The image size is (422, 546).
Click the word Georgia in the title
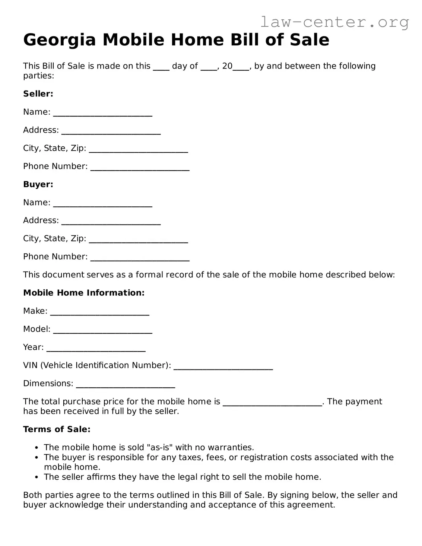click(60, 40)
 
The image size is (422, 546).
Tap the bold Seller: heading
click(38, 94)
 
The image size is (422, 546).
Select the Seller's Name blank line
click(102, 114)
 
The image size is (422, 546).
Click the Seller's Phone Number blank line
click(140, 168)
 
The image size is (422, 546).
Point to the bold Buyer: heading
click(38, 184)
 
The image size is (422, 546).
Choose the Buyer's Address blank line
click(111, 222)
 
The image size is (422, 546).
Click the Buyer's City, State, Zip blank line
click(138, 241)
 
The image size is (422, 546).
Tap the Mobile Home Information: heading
click(83, 293)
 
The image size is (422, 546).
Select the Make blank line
click(99, 313)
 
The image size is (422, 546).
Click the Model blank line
click(102, 331)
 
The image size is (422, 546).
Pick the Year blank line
click(96, 349)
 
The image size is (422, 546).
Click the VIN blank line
click(223, 368)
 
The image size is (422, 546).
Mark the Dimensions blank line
click(125, 385)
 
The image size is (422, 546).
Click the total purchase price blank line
click(272, 404)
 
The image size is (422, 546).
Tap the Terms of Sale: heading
click(57, 429)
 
